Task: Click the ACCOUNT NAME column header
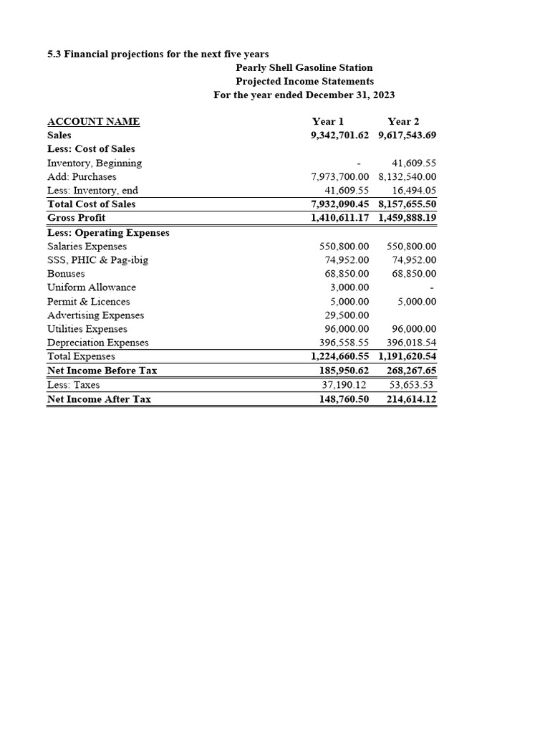point(93,121)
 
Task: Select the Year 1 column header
point(328,121)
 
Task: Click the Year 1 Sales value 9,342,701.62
point(340,135)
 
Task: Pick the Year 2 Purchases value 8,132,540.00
point(407,176)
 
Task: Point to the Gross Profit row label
point(76,217)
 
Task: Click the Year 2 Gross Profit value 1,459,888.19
point(407,217)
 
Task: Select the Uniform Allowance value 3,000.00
point(349,287)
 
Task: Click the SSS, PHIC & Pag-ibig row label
point(97,259)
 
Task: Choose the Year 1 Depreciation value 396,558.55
point(344,343)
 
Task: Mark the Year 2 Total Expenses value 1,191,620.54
point(407,356)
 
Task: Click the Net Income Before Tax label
point(102,371)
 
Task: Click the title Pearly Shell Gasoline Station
point(304,67)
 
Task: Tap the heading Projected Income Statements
point(304,81)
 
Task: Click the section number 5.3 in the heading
point(54,54)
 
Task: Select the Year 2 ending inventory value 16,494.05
point(414,191)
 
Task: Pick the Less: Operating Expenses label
point(108,232)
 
